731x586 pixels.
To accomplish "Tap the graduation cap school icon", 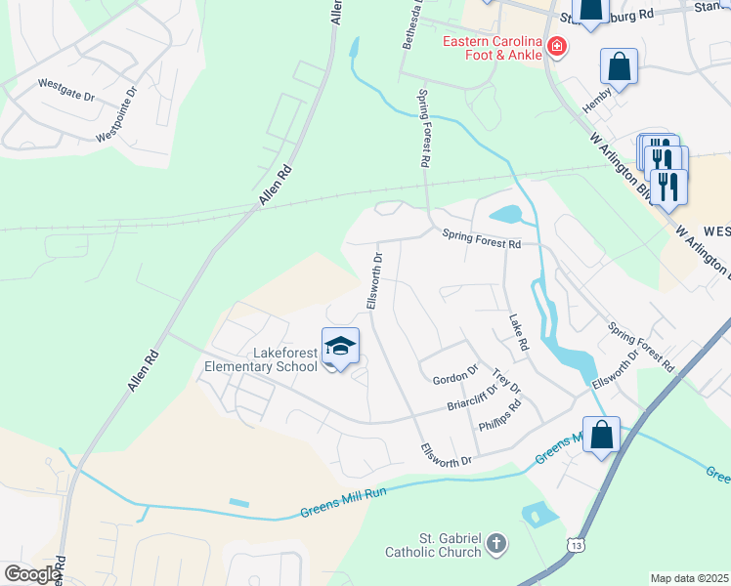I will pyautogui.click(x=340, y=348).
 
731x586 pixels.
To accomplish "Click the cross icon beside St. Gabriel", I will pyautogui.click(x=496, y=542).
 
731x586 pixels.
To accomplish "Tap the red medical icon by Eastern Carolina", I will pyautogui.click(x=556, y=46).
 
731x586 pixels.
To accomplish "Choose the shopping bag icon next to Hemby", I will pyautogui.click(x=620, y=68).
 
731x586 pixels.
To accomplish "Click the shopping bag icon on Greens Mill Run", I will pyautogui.click(x=602, y=435).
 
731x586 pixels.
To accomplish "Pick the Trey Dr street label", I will pyautogui.click(x=506, y=381).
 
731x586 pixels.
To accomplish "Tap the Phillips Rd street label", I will pyautogui.click(x=499, y=416).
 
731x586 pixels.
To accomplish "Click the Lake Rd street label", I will pyautogui.click(x=517, y=333).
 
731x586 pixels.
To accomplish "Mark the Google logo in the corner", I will pyautogui.click(x=31, y=574).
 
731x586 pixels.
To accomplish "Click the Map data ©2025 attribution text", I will pyautogui.click(x=689, y=578).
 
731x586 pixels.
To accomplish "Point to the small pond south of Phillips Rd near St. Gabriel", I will pyautogui.click(x=535, y=513).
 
